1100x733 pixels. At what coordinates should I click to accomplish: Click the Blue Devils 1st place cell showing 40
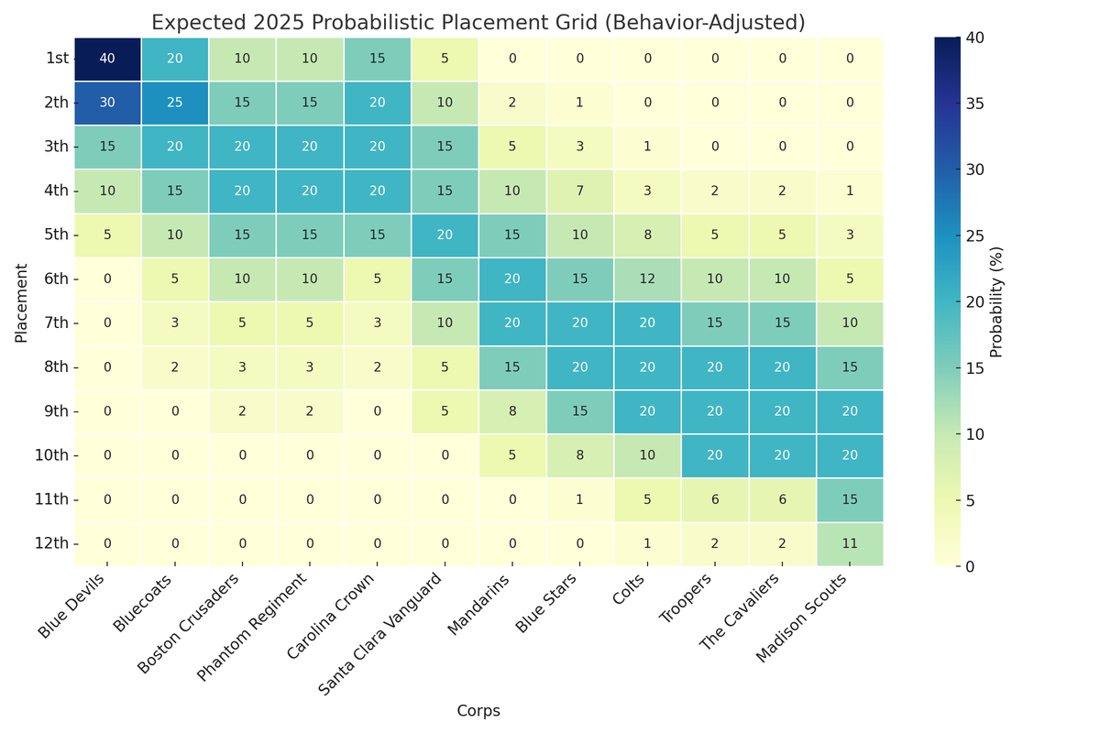click(x=107, y=59)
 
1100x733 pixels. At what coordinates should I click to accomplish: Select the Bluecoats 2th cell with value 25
click(x=175, y=103)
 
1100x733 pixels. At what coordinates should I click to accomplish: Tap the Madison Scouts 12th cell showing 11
click(x=850, y=542)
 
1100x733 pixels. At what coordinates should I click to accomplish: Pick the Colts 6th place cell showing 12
click(x=647, y=279)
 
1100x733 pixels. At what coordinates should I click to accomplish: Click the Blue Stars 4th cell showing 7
click(x=580, y=191)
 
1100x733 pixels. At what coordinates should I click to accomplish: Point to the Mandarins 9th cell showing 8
click(x=512, y=410)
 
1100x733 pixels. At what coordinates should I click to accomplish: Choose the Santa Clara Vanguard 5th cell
click(x=445, y=235)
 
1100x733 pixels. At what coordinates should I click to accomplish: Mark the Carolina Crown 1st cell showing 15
click(x=378, y=59)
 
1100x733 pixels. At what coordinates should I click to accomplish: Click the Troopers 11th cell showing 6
click(x=715, y=498)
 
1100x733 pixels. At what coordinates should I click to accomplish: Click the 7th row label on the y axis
click(x=56, y=323)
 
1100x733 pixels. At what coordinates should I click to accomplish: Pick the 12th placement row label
click(x=52, y=542)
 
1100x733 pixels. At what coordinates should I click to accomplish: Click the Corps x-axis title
click(x=478, y=710)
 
